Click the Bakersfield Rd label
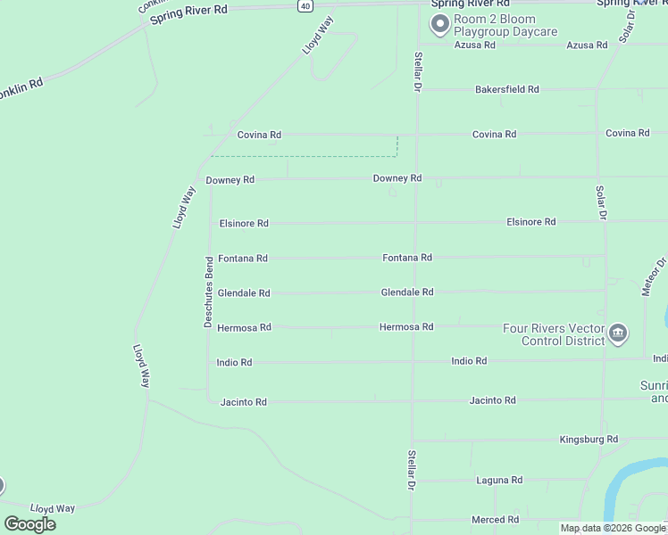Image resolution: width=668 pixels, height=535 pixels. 506,90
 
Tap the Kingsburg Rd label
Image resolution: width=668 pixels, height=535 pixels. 589,440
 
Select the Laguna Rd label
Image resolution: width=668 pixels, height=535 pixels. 499,481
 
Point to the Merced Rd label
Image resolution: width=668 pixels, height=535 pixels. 495,520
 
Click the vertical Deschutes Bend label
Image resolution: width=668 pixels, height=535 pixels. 208,292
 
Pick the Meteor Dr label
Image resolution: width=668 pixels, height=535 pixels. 661,276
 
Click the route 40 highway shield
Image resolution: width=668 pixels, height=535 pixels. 305,5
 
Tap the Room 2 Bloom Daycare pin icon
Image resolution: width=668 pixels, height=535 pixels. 439,25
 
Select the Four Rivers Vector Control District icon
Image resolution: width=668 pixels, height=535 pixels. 618,334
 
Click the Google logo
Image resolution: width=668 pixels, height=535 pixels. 29,524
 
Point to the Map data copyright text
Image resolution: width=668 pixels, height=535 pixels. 613,529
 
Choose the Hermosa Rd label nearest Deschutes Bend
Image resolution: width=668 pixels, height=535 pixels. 244,328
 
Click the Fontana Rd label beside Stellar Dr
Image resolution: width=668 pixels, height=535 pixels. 407,258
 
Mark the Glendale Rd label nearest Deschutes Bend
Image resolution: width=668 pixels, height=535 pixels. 244,293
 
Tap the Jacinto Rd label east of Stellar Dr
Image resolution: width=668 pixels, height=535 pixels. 492,401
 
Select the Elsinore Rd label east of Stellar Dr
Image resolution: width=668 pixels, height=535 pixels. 530,222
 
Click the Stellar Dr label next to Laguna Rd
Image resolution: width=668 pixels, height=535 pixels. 412,469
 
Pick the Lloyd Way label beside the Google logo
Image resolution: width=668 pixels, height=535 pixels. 53,508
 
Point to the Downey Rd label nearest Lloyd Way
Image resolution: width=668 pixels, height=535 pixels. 230,180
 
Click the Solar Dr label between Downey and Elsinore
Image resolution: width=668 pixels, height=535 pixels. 601,203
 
